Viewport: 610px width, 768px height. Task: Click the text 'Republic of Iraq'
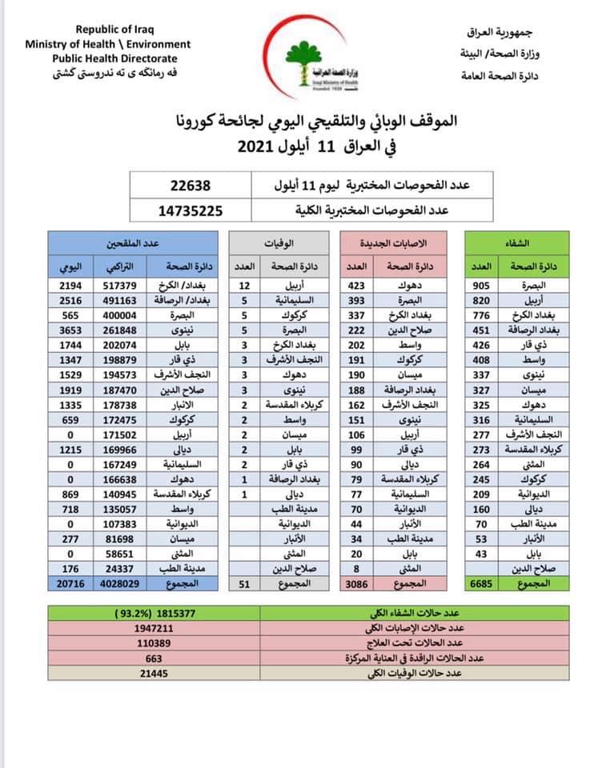click(107, 30)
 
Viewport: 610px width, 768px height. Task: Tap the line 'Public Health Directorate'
click(115, 58)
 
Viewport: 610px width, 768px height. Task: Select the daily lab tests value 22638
click(190, 186)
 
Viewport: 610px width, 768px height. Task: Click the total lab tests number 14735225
click(190, 211)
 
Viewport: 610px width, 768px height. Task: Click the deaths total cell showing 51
click(245, 585)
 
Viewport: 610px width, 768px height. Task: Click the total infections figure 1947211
click(155, 629)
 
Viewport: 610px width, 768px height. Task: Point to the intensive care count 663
click(155, 658)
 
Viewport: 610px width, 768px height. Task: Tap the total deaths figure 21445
click(155, 674)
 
